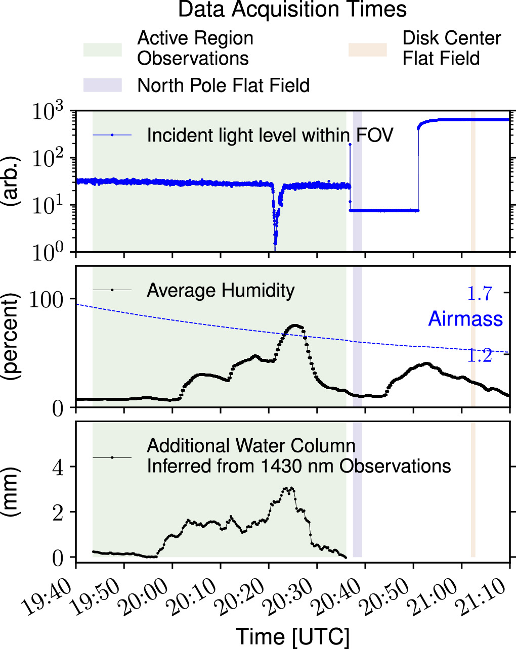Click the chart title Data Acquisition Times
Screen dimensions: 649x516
[292, 10]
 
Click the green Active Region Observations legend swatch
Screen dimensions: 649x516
[103, 50]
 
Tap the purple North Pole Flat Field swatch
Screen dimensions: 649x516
[103, 85]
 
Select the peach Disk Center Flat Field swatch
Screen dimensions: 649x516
[367, 50]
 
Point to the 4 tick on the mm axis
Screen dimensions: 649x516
[59, 467]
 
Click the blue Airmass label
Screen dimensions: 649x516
[465, 319]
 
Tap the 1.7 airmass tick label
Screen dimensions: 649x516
[479, 294]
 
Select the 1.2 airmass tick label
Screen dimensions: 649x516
[479, 356]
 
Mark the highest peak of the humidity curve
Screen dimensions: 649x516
[295, 326]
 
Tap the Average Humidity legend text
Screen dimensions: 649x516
[221, 291]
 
